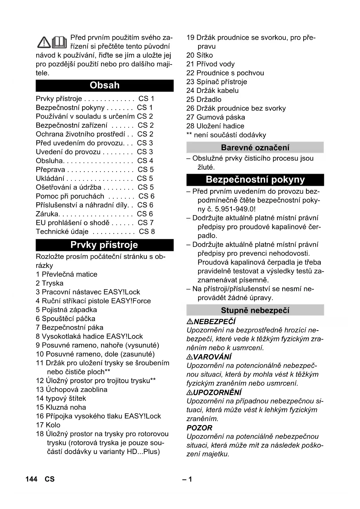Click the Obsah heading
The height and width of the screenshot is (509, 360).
tap(104, 85)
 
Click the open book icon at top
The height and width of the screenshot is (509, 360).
tap(59, 42)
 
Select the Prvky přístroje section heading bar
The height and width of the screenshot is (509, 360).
tap(104, 245)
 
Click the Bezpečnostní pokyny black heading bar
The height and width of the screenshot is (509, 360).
tap(255, 180)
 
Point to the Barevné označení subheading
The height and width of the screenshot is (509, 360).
tap(255, 147)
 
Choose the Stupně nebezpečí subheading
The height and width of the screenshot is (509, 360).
tap(255, 310)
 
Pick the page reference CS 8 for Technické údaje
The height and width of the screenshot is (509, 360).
tap(147, 232)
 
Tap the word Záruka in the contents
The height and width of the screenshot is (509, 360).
tap(47, 214)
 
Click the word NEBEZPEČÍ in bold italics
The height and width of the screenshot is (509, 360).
tap(214, 322)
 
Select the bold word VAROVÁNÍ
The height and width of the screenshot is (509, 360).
tap(212, 357)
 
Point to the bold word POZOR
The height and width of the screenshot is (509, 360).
tap(199, 428)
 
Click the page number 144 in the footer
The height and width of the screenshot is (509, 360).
tap(31, 479)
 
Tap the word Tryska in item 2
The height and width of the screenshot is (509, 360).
tap(53, 283)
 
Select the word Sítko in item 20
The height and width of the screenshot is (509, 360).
tap(205, 55)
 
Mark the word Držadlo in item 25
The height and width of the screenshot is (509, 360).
tap(209, 100)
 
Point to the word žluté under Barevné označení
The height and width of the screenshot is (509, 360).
tap(206, 167)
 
